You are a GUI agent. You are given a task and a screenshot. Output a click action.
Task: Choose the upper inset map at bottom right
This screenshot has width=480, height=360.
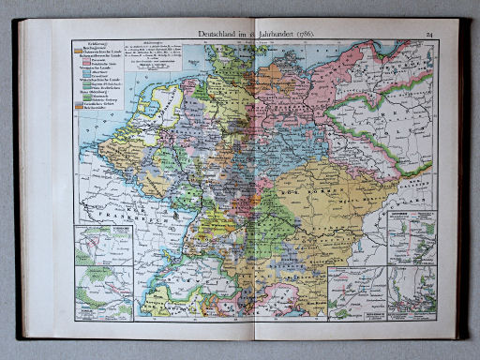point(412,238)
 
